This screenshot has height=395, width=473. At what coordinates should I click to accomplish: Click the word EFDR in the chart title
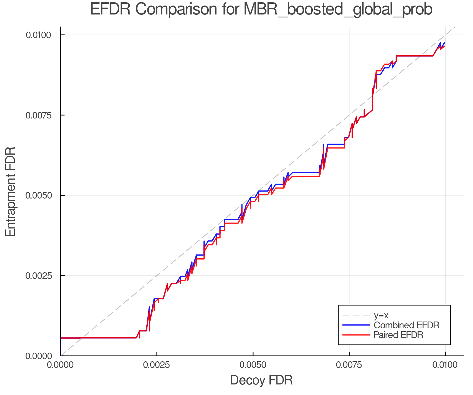point(110,9)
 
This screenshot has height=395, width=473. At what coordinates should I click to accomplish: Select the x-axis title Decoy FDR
point(261,380)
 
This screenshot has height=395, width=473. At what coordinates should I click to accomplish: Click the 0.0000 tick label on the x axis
point(61,365)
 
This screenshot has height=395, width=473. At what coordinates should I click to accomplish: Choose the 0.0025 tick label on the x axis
point(157,365)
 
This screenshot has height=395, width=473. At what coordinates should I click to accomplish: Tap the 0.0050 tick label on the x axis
point(253,365)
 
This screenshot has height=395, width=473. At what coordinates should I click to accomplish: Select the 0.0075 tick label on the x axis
point(349,365)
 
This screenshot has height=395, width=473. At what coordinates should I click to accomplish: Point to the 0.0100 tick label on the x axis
point(445,365)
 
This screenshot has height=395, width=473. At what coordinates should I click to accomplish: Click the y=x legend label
point(381,315)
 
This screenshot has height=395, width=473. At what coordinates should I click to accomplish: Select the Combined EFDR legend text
point(406,325)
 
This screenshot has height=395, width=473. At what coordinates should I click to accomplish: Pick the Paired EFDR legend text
point(398,335)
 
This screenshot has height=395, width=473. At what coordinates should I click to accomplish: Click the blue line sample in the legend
point(356,325)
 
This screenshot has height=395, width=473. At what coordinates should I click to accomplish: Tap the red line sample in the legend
point(356,335)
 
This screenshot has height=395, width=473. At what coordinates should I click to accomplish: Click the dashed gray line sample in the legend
point(356,315)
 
